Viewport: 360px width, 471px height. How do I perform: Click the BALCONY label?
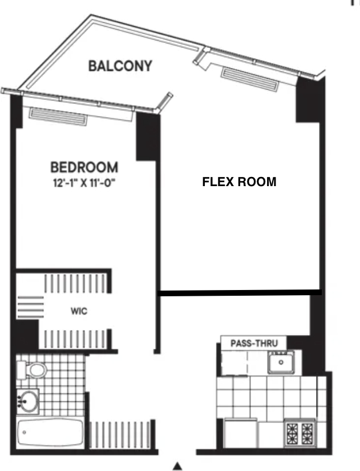coord(120,66)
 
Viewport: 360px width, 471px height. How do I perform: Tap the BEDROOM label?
coord(84,167)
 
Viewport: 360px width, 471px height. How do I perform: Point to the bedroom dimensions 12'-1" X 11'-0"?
coord(84,183)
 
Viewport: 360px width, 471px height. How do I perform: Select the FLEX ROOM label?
coord(239,182)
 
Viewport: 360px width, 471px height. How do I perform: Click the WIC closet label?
coord(79,311)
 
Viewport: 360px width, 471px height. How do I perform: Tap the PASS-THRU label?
coord(254,343)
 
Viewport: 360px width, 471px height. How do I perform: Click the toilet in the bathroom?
coord(32,371)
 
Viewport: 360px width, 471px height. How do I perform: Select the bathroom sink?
coord(27,401)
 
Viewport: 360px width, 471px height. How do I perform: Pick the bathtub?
coord(50,433)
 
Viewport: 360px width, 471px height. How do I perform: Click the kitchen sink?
coord(281,363)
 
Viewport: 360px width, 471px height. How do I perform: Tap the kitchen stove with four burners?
coord(300,433)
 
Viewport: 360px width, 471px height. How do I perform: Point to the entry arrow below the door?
coord(178,466)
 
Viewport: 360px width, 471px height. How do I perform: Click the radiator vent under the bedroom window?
coord(58,117)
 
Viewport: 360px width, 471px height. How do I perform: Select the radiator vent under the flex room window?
coord(250,79)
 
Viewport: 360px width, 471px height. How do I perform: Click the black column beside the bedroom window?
coord(147,136)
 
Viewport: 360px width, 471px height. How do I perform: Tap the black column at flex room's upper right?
coord(309,100)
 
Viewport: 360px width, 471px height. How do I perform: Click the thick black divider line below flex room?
coord(240,292)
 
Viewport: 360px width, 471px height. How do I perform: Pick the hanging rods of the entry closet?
coord(120,434)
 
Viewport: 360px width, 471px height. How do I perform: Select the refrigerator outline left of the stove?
coord(241,433)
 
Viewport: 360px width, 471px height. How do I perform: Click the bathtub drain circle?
coord(25,432)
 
